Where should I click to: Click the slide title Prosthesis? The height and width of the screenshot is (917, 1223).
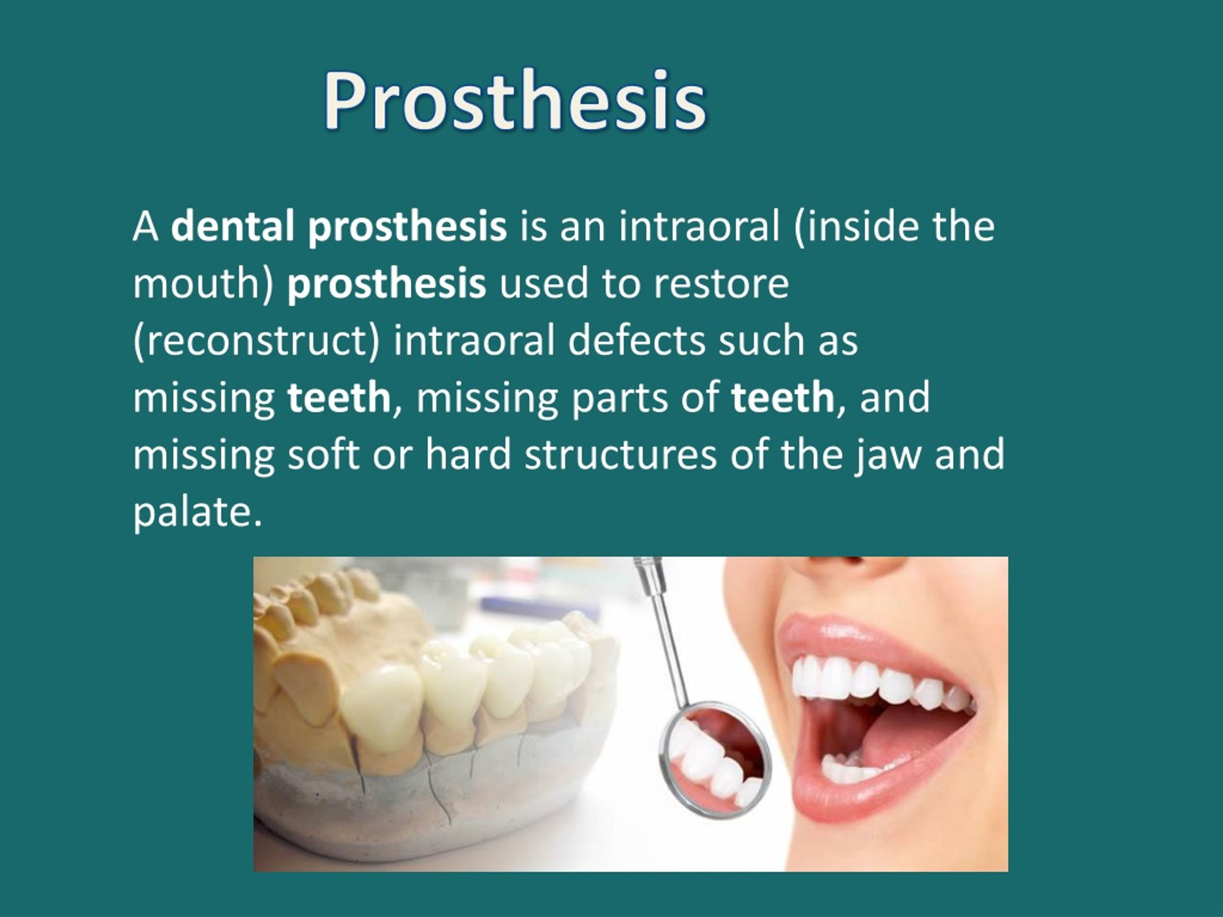coord(514,101)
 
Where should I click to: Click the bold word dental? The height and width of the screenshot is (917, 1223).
coord(232,227)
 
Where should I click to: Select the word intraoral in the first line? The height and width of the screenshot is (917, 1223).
coord(699,227)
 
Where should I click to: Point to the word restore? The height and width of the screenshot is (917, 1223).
coord(721,284)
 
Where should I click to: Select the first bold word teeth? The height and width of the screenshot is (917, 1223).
coord(339,397)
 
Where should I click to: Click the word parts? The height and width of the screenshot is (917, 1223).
coord(619,397)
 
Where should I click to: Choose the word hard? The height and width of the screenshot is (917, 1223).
coord(468,454)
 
